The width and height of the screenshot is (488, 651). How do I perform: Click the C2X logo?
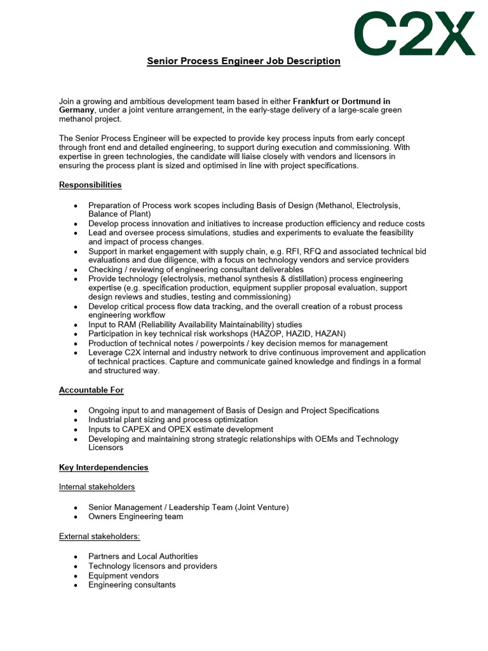pyautogui.click(x=414, y=33)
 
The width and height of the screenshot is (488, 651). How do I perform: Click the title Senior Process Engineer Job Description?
pyautogui.click(x=243, y=61)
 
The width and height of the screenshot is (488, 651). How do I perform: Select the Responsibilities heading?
pyautogui.click(x=90, y=185)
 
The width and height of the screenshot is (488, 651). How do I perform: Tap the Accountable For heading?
pyautogui.click(x=91, y=390)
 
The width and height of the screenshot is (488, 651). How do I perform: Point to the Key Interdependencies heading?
pyautogui.click(x=104, y=467)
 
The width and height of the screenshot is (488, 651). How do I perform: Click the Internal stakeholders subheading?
pyautogui.click(x=97, y=487)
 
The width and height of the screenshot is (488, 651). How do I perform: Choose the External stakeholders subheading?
pyautogui.click(x=99, y=536)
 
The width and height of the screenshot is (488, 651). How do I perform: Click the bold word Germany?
pyautogui.click(x=77, y=110)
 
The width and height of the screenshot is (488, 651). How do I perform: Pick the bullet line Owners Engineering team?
pyautogui.click(x=135, y=516)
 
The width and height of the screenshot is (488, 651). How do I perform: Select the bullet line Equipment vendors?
pyautogui.click(x=123, y=575)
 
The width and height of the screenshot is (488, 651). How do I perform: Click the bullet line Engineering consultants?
pyautogui.click(x=132, y=585)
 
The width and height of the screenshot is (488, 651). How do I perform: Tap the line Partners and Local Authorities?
pyautogui.click(x=143, y=556)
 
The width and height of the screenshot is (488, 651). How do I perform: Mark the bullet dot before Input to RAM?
pyautogui.click(x=76, y=325)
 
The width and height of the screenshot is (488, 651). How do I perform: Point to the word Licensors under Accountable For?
pyautogui.click(x=106, y=448)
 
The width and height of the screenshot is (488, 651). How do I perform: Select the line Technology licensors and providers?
pyautogui.click(x=152, y=566)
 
